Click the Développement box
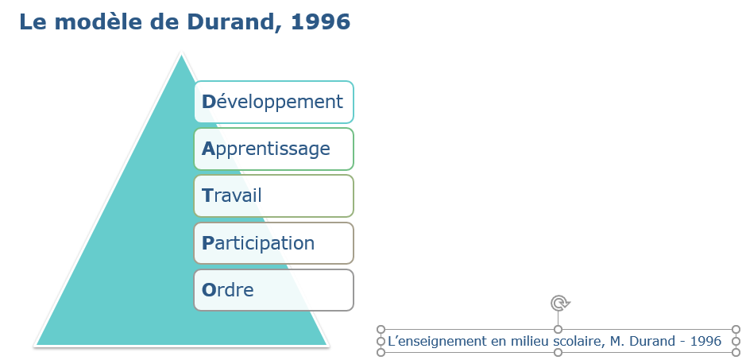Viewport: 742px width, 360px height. click(x=273, y=102)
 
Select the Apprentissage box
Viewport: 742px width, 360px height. click(x=273, y=149)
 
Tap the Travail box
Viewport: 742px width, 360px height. click(x=273, y=195)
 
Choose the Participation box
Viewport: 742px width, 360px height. click(x=273, y=243)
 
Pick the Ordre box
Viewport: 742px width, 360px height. click(x=273, y=290)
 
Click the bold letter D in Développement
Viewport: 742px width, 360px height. click(x=209, y=102)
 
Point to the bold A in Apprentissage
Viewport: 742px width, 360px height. click(x=209, y=149)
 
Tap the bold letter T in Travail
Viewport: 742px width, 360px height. click(x=207, y=195)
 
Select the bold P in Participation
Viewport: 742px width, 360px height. click(x=208, y=243)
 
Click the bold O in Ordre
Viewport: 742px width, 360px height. click(x=209, y=290)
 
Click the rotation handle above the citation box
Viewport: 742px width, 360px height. click(x=558, y=303)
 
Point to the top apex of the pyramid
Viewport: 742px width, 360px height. click(x=181, y=54)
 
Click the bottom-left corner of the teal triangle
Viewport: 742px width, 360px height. click(x=36, y=345)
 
